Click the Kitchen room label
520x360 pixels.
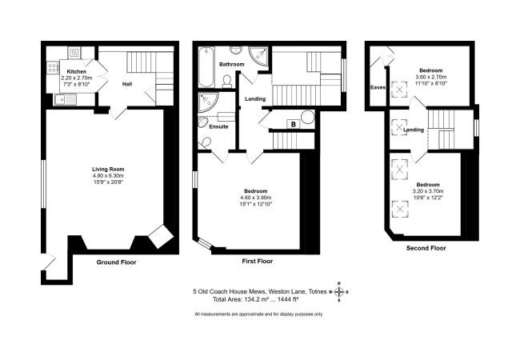[77, 72]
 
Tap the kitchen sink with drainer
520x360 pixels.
[66, 99]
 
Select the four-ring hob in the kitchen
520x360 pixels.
[52, 68]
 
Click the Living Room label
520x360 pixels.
[108, 170]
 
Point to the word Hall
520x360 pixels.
[127, 84]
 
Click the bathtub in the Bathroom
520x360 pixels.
[206, 67]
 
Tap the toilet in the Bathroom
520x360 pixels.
[227, 82]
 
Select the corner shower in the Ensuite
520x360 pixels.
[208, 102]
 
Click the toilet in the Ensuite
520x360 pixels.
[205, 143]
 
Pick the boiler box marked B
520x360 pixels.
[293, 124]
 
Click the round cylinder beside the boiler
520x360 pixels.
[308, 118]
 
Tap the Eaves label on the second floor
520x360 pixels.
[378, 87]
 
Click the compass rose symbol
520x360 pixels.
[338, 292]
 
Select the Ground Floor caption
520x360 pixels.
[116, 262]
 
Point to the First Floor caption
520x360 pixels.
[258, 262]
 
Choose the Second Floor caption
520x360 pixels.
[426, 248]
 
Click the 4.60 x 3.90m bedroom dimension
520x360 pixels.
[256, 198]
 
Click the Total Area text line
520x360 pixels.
[256, 300]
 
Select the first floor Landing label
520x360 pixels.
[255, 98]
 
